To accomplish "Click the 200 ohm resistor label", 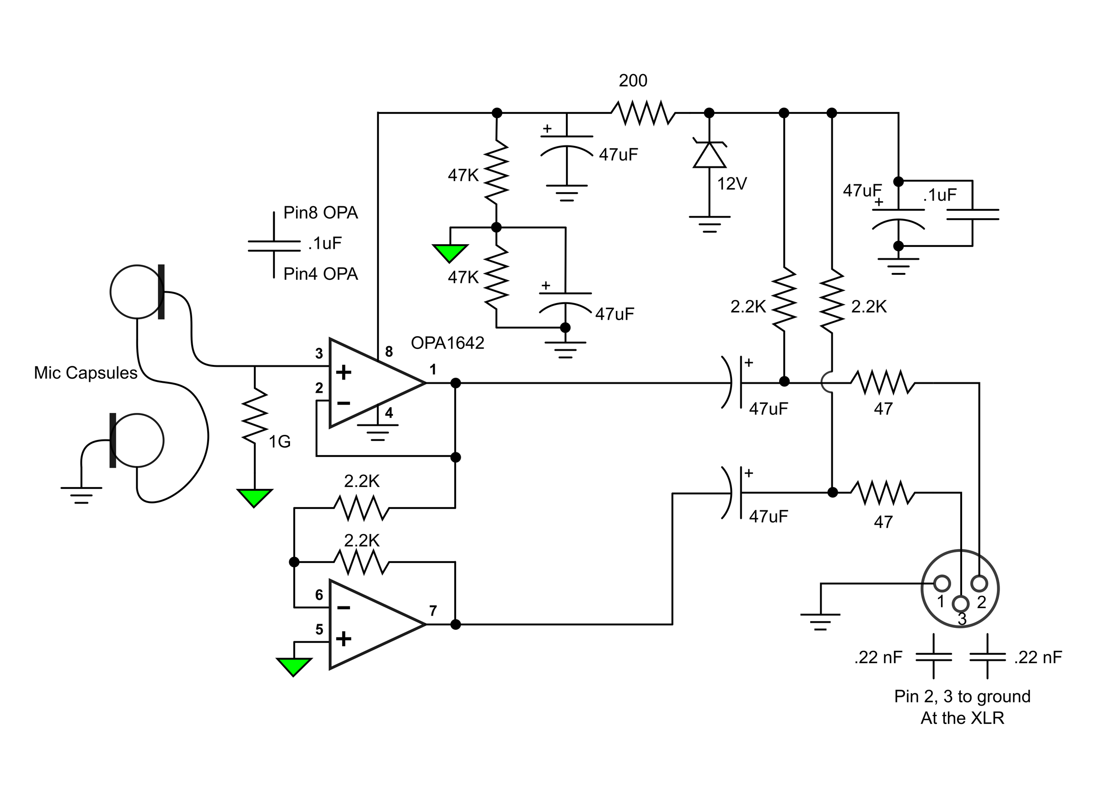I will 633,80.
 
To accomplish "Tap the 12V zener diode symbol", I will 709,155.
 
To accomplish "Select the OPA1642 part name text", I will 447,343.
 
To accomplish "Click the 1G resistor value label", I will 280,441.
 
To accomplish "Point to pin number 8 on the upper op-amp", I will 389,352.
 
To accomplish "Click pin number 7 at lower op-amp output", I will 433,611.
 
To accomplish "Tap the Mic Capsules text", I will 86,373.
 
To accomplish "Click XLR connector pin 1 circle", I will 942,584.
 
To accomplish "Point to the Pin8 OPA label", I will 321,213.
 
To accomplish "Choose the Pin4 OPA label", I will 321,274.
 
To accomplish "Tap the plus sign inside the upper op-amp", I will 344,373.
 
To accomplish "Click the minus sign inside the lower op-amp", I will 344,608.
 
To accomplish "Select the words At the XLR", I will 963,718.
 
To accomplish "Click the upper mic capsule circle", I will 137,292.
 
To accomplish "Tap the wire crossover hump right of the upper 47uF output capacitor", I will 827,383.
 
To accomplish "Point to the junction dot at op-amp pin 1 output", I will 455,383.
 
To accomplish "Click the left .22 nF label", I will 878,657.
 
